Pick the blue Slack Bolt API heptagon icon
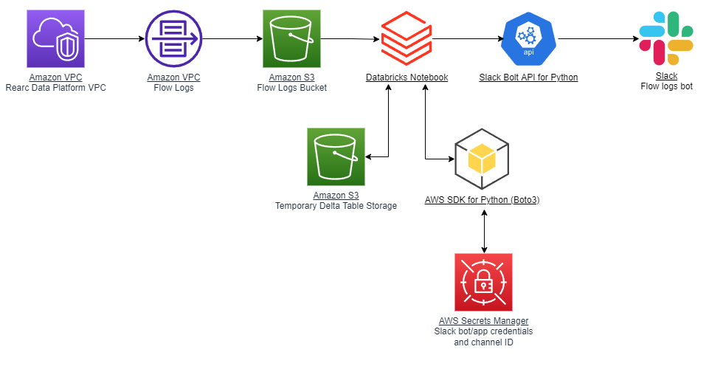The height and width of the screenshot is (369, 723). coord(528,39)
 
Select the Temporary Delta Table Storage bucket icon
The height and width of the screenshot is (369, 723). coord(336,156)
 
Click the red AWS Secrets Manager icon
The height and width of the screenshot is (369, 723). coord(483,282)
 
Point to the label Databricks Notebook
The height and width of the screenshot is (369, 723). coord(407,77)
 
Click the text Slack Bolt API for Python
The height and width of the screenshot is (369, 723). coord(528,77)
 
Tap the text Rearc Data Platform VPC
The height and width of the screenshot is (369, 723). coord(55,88)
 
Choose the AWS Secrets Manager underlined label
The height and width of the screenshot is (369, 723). coord(483,321)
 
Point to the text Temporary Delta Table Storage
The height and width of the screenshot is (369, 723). coord(336,206)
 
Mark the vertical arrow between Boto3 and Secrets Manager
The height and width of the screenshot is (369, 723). coord(483,230)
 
